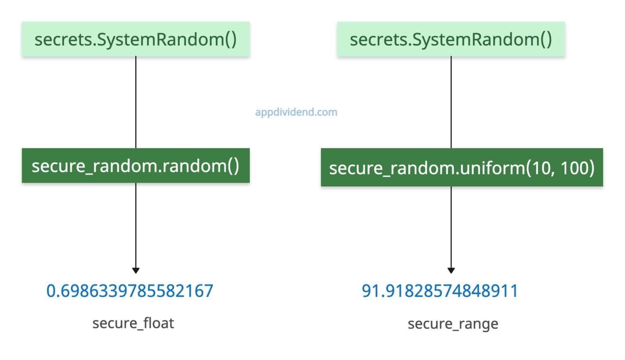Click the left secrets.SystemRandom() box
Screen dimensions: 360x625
coord(136,39)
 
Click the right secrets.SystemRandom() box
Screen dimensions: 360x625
coord(451,39)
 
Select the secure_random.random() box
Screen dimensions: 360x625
coord(136,165)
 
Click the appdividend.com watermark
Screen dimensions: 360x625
coord(296,112)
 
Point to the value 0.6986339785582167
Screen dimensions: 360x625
coord(130,291)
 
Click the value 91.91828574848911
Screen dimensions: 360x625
coord(440,291)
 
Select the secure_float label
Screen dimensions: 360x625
coord(133,323)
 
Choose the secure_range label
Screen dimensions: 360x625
coord(453,324)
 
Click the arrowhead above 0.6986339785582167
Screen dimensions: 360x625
coord(136,270)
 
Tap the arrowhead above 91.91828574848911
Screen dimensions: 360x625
coord(451,270)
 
